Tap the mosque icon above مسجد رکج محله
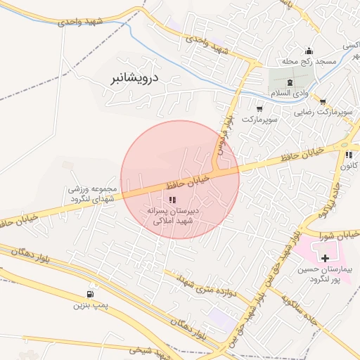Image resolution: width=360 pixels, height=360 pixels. coord(309,51)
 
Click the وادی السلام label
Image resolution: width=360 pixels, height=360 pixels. coord(289,93)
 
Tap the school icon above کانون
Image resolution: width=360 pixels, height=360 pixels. coord(349,155)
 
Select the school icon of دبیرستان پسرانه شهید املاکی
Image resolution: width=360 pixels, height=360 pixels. coord(173,200)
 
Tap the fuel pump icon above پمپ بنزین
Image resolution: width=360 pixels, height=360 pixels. coord(90,295)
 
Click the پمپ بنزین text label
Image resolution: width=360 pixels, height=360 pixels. coord(91,306)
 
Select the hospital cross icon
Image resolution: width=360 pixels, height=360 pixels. coord(324,259)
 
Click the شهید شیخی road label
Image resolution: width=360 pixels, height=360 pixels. coord(147,349)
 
